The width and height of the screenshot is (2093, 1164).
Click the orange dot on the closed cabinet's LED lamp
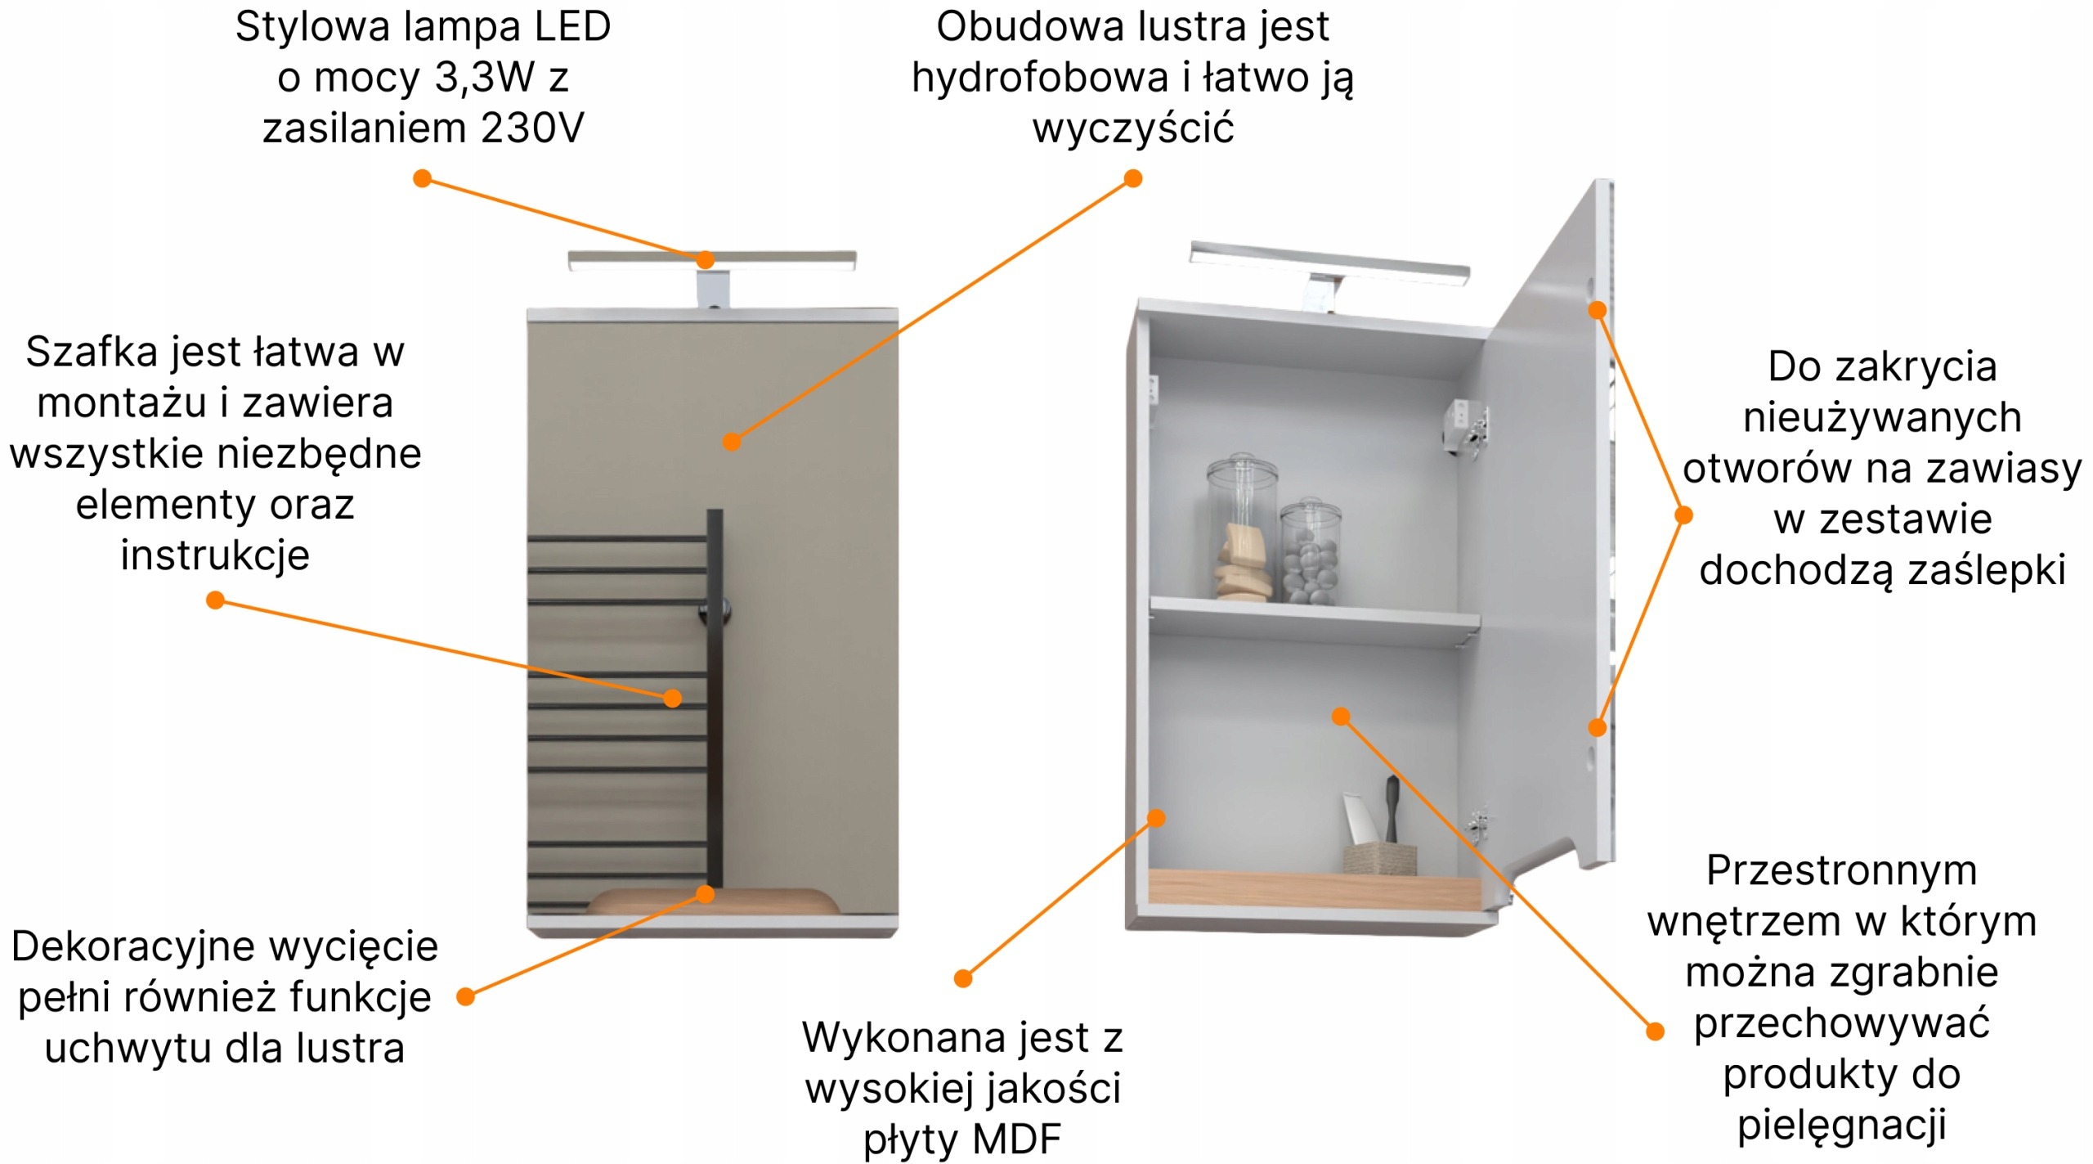pyautogui.click(x=705, y=260)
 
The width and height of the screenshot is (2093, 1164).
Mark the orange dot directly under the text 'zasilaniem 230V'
pyautogui.click(x=422, y=178)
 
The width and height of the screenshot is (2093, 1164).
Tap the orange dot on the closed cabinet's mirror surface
pyautogui.click(x=732, y=443)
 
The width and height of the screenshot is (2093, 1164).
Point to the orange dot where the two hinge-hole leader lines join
pyautogui.click(x=1683, y=515)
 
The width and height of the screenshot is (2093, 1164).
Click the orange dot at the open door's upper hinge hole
pyautogui.click(x=1597, y=310)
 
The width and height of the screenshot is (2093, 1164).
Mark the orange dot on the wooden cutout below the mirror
pyautogui.click(x=705, y=894)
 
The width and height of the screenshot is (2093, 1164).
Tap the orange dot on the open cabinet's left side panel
pyautogui.click(x=1156, y=818)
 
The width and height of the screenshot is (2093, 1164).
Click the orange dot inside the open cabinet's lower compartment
pyautogui.click(x=1341, y=717)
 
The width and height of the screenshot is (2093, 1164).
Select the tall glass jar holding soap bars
pyautogui.click(x=1242, y=528)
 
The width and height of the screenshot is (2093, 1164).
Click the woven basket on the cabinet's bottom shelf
pyautogui.click(x=1379, y=857)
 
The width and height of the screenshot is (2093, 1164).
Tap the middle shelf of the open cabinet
pyautogui.click(x=1315, y=621)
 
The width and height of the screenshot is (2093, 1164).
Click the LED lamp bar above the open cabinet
pyautogui.click(x=1329, y=263)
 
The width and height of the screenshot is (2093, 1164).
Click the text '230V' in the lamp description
pyautogui.click(x=533, y=128)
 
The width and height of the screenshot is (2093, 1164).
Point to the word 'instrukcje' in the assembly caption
pyautogui.click(x=215, y=555)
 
